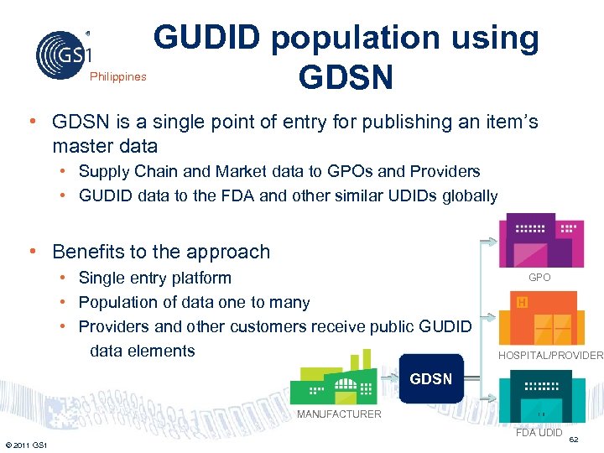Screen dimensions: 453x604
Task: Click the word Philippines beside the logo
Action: coord(117,76)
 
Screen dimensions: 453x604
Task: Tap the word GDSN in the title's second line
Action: coord(346,77)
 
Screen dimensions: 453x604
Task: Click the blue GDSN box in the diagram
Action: coord(430,379)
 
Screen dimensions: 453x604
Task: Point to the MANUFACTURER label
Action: coord(340,414)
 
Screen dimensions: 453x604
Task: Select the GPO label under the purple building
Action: coord(539,277)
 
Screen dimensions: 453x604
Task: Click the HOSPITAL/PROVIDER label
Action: coord(550,355)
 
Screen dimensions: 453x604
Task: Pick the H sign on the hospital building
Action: coord(522,302)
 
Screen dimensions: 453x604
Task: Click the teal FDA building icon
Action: coord(541,396)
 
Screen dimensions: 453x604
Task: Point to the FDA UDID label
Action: coord(539,433)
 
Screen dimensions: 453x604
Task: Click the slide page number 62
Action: coord(574,440)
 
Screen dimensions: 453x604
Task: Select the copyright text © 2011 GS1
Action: coord(25,444)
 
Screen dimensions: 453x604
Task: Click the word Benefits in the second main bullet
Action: coord(87,252)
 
